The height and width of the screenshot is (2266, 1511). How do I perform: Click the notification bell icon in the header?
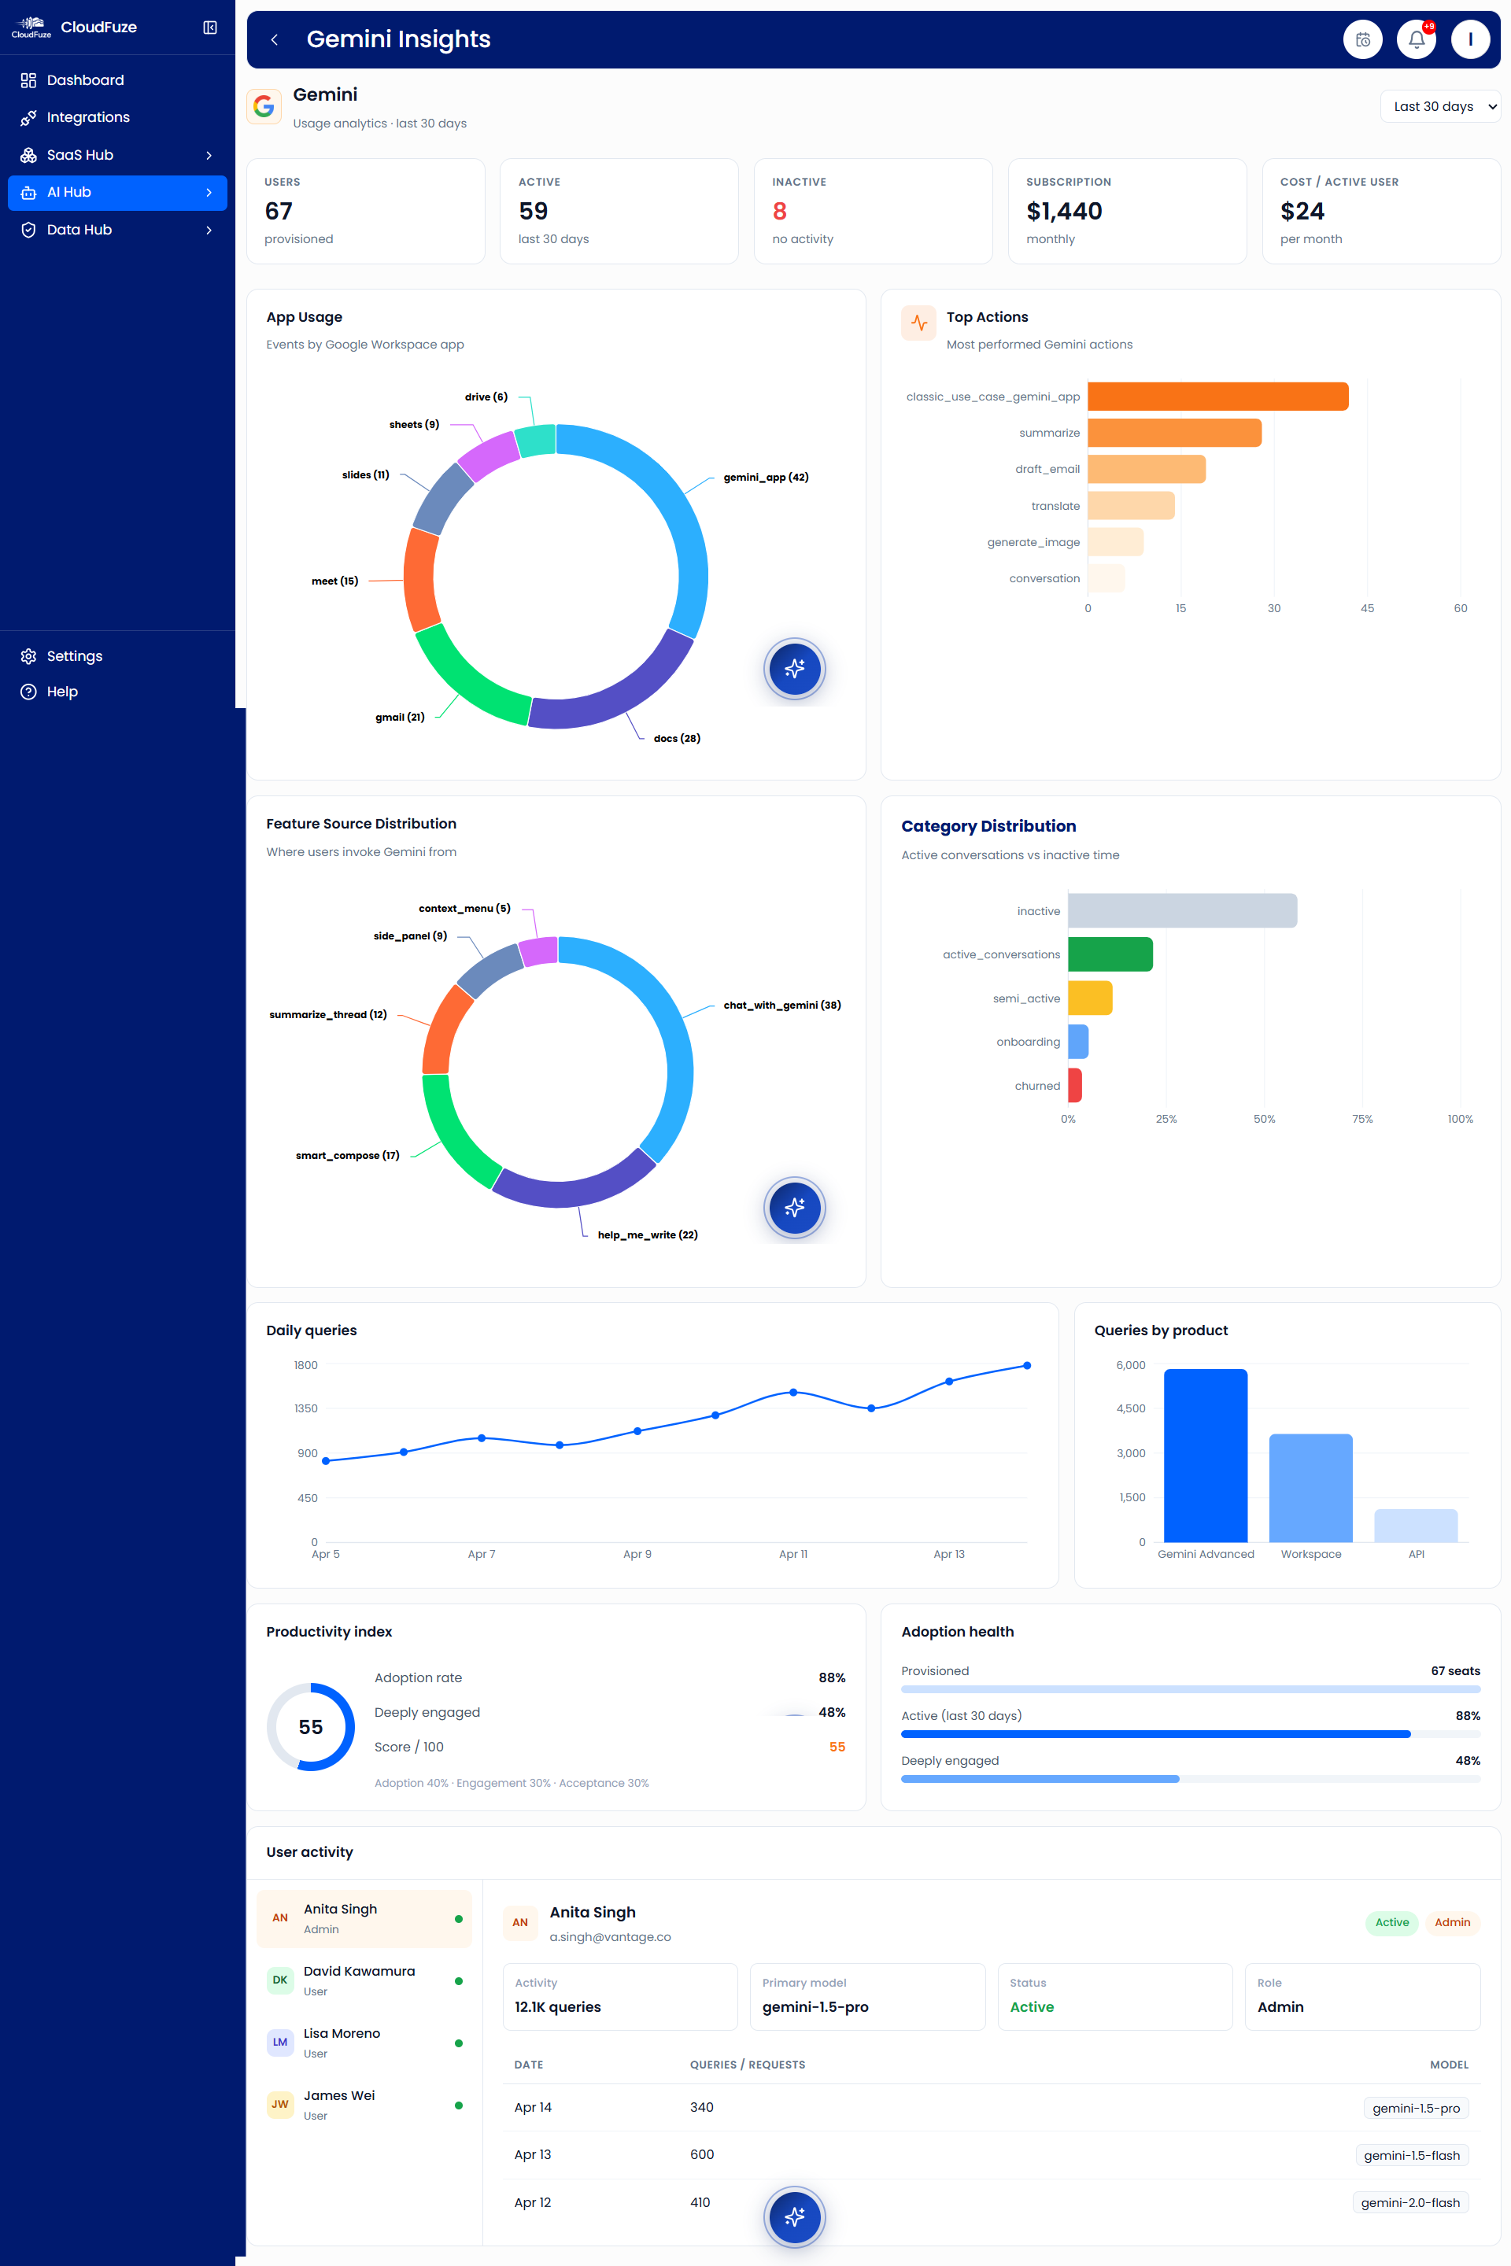1416,39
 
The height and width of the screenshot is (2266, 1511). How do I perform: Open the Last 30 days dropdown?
1439,107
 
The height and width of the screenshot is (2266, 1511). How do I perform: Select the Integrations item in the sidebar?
87,117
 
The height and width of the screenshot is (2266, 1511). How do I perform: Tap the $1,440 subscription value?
1064,211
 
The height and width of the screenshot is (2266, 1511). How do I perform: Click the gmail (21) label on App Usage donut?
400,717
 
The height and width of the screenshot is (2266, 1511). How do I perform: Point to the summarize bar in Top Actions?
1173,433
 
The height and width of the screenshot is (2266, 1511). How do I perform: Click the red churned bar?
1074,1085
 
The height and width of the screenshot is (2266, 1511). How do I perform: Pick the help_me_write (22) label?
648,1234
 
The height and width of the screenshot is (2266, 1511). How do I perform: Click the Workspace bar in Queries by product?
1310,1488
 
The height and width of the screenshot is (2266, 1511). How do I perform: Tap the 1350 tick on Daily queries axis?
305,1408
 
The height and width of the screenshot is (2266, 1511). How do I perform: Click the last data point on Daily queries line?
1026,1365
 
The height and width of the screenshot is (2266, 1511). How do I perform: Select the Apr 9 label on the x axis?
637,1554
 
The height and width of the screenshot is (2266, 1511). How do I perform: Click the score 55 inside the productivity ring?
310,1726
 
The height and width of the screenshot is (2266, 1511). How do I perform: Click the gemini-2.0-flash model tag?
1409,2202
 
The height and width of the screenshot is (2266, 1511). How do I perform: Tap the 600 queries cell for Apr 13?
701,2154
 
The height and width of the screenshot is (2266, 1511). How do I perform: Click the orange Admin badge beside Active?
1451,1922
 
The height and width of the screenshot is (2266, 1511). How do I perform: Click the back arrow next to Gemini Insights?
275,39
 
